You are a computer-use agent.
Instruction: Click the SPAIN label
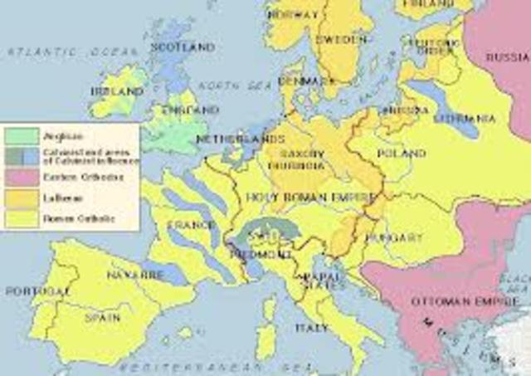(x=102, y=317)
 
